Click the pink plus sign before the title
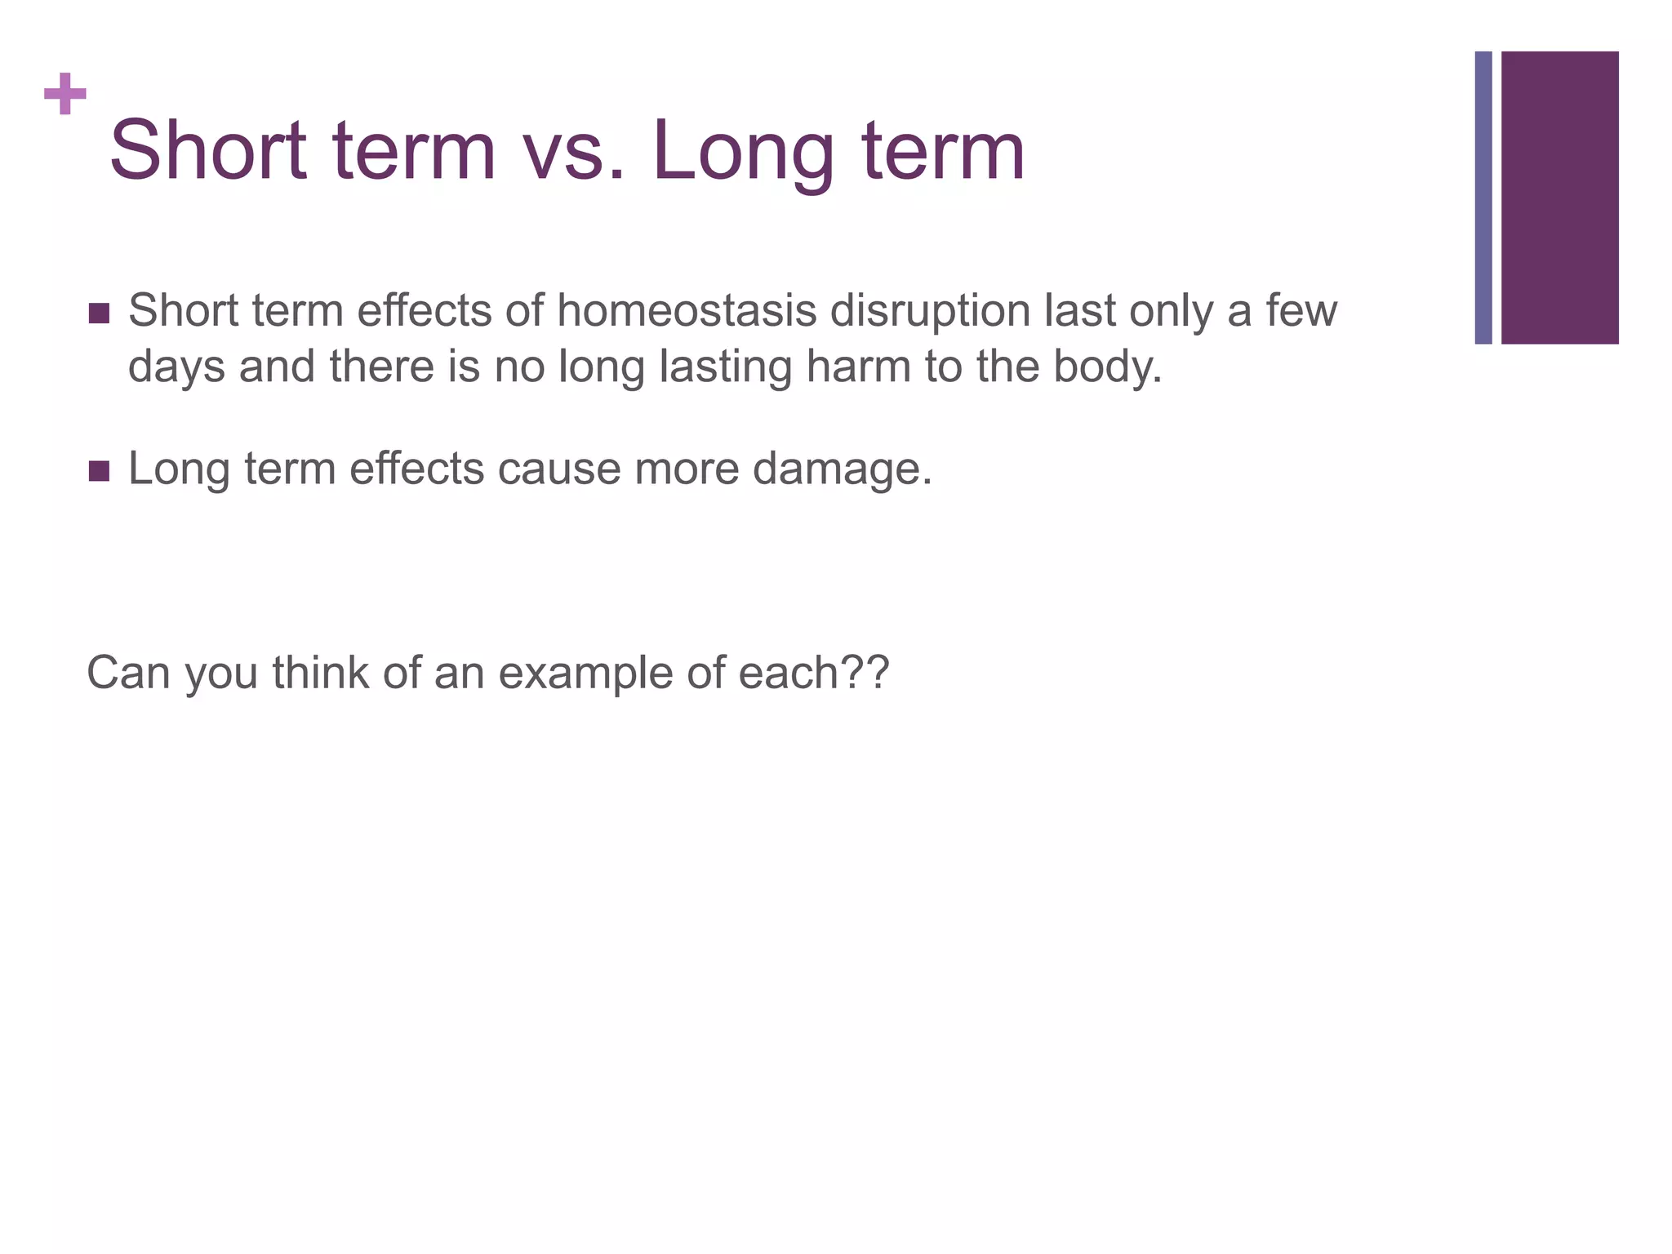65,95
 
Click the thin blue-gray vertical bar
1483,198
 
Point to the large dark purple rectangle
1559,198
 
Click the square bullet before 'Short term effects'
99,313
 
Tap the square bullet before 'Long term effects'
99,471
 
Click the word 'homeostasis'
687,312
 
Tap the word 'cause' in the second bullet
558,469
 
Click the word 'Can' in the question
128,674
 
